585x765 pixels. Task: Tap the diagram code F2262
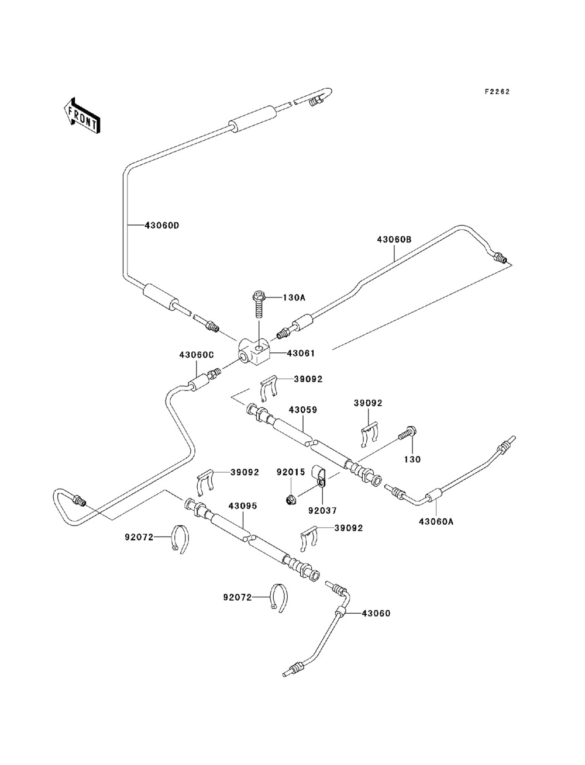497,92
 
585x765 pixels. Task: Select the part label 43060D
162,226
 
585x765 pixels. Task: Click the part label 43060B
394,240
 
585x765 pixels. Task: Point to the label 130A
294,297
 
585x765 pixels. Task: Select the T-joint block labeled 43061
254,352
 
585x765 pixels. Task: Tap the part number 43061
301,354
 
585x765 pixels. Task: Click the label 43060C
197,355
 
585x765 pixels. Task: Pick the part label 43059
303,410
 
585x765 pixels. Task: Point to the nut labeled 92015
290,501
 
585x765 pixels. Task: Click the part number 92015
291,472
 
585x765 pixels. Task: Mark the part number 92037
323,511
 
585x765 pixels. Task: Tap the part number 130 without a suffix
412,460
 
